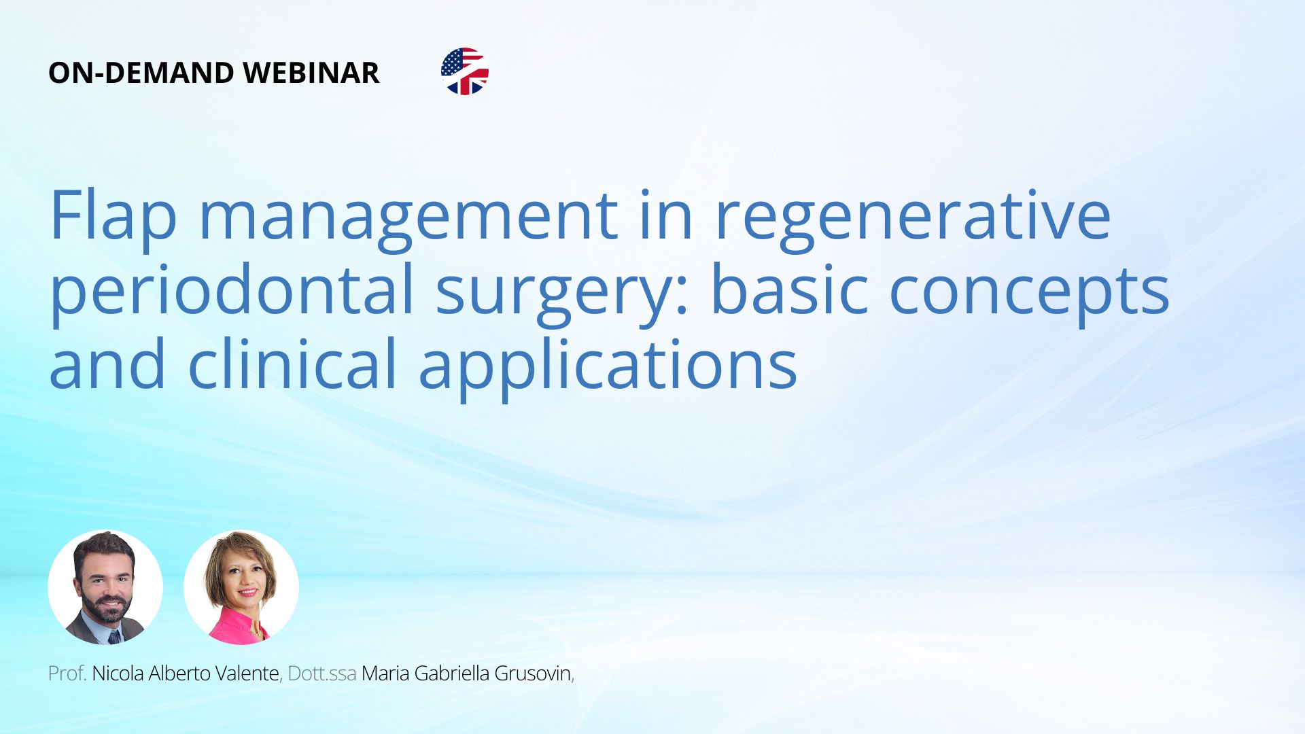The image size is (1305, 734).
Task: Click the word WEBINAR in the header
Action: pos(311,73)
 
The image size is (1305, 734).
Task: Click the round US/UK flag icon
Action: pos(465,71)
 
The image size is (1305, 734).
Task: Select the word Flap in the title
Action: pos(114,215)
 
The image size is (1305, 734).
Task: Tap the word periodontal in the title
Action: pos(232,290)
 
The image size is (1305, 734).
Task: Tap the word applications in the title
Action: pos(608,366)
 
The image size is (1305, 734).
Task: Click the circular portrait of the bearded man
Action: pos(105,587)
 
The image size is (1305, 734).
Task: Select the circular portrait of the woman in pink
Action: pos(241,587)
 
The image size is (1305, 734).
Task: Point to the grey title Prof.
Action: pos(67,673)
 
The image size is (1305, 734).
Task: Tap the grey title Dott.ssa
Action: pos(322,673)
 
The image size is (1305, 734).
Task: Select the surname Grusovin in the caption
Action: pos(533,673)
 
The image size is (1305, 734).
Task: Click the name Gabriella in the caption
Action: pos(452,673)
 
